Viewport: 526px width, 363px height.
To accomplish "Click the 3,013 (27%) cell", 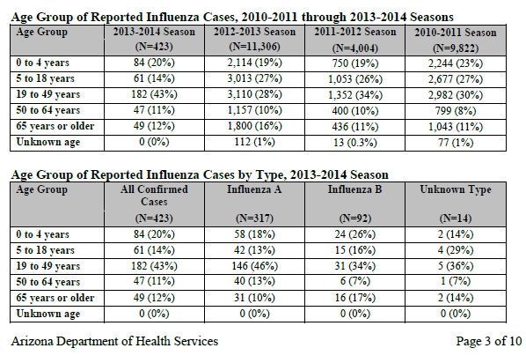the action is point(254,78).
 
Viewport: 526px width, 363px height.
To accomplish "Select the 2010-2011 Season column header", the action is point(456,40).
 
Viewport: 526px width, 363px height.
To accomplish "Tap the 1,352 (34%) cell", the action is point(355,95).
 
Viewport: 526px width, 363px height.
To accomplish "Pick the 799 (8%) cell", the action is point(456,111).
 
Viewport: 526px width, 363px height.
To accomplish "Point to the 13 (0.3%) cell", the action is point(355,143).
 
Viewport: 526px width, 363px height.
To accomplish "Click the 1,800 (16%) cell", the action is point(254,126).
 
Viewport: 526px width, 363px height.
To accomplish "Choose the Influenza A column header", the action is point(254,204).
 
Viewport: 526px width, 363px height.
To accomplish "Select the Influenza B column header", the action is point(354,204).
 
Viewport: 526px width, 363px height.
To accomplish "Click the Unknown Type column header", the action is point(456,204).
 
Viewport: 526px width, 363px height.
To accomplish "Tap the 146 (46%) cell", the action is point(254,266).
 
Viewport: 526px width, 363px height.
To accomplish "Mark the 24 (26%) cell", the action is point(354,234).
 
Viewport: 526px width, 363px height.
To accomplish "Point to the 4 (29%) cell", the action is point(456,249).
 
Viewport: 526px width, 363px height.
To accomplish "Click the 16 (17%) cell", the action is point(354,298).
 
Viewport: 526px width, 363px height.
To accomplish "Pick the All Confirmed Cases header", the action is point(154,204).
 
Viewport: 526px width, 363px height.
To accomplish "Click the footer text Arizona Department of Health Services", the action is point(114,341).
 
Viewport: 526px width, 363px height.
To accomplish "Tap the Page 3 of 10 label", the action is point(489,341).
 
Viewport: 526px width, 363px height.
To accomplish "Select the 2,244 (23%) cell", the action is point(456,63).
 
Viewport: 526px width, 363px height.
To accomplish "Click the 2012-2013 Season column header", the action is point(254,39).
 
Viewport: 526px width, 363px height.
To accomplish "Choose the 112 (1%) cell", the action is point(254,142).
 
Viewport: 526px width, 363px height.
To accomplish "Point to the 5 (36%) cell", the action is point(456,266).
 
